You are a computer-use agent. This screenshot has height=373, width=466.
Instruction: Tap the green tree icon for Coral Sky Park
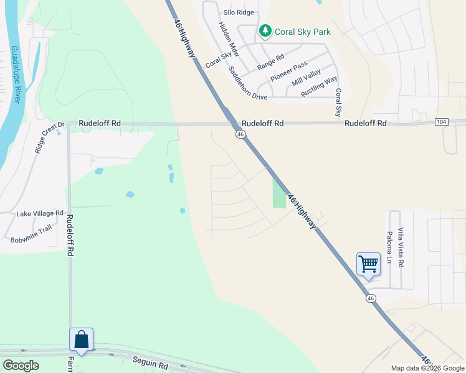[x=265, y=31]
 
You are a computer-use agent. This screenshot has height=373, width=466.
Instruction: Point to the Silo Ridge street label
[x=239, y=12]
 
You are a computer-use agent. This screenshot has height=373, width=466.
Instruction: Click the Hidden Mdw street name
[x=228, y=39]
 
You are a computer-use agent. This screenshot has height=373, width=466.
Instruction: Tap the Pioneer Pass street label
[x=288, y=71]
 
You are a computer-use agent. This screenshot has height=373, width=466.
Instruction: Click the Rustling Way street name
[x=319, y=86]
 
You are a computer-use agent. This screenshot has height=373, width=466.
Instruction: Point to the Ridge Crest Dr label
[x=49, y=136]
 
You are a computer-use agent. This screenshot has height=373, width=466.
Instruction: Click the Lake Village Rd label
[x=40, y=213]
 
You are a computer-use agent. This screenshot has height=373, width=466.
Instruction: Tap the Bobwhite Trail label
[x=31, y=233]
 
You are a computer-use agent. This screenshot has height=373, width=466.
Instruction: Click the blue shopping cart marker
[x=368, y=264]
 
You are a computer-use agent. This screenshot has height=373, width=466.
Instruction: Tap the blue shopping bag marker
[x=82, y=339]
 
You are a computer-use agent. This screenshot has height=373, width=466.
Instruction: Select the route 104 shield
[x=441, y=123]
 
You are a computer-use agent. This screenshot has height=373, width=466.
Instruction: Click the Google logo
[x=21, y=366]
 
